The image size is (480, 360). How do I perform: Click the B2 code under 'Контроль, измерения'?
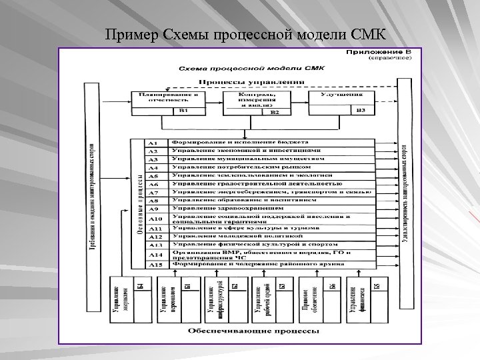click(x=274, y=113)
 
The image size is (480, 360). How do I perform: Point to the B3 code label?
click(x=361, y=111)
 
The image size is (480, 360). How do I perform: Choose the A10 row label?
click(x=155, y=218)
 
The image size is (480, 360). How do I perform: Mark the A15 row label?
click(x=155, y=265)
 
